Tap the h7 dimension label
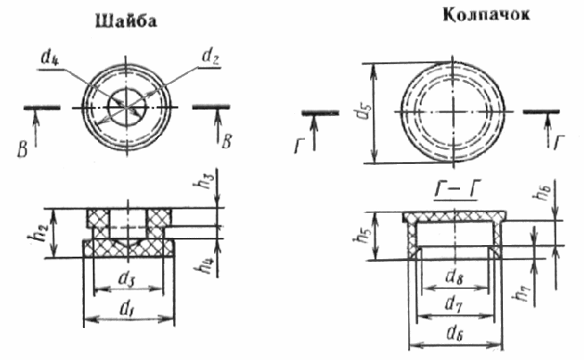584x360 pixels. [x=522, y=287]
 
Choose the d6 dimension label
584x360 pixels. [x=454, y=336]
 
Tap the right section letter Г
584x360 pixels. [x=558, y=143]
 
